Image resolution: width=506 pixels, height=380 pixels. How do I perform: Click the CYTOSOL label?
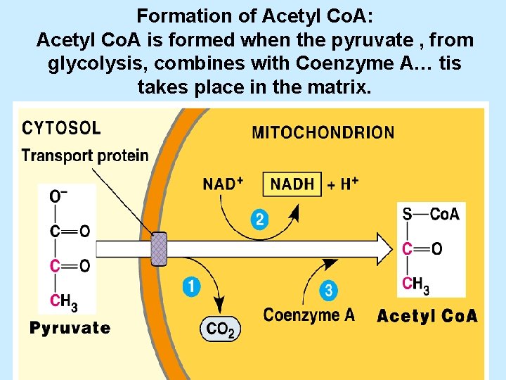click(x=62, y=129)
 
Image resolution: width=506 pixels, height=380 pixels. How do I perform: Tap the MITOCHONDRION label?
click(x=323, y=132)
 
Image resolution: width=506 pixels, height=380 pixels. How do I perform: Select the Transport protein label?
click(x=85, y=156)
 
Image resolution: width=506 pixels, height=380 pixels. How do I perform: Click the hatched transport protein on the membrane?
click(x=160, y=249)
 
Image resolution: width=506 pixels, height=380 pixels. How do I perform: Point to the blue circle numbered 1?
click(x=191, y=286)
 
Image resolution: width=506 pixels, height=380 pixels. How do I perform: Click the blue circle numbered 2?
click(x=259, y=220)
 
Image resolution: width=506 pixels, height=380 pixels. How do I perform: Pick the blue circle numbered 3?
click(x=328, y=290)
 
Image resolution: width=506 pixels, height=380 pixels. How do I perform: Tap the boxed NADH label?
click(x=292, y=184)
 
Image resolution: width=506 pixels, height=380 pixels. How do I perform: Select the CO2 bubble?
click(x=221, y=329)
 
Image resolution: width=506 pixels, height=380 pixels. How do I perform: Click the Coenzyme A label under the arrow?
click(x=309, y=315)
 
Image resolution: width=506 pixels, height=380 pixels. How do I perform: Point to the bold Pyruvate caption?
click(x=70, y=328)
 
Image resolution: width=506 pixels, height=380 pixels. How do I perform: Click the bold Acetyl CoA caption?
click(x=427, y=316)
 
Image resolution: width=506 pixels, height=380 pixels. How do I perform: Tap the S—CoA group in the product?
click(x=430, y=214)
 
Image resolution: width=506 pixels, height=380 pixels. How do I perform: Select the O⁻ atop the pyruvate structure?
click(x=60, y=196)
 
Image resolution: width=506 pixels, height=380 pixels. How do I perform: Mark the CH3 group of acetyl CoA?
click(x=415, y=284)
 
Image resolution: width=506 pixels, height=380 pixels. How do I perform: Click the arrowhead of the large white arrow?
click(x=384, y=249)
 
